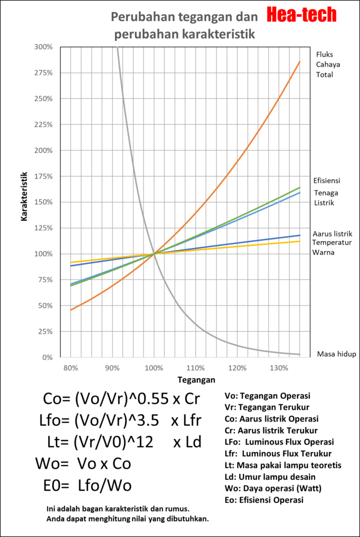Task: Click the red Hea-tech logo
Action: tap(301, 15)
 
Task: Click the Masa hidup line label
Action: tap(336, 354)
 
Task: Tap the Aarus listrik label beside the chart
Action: tap(332, 233)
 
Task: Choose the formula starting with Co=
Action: tap(121, 399)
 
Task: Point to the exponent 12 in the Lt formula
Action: tap(144, 442)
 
